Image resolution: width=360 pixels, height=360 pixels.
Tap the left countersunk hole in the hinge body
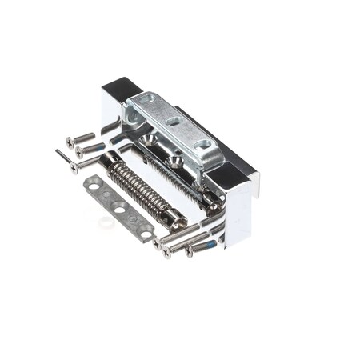(149, 139)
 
